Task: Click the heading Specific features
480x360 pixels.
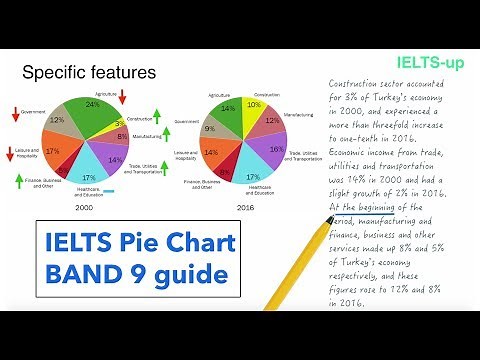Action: click(88, 72)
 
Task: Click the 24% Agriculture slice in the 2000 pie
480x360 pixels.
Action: click(92, 108)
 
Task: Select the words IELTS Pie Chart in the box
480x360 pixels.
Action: click(131, 243)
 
